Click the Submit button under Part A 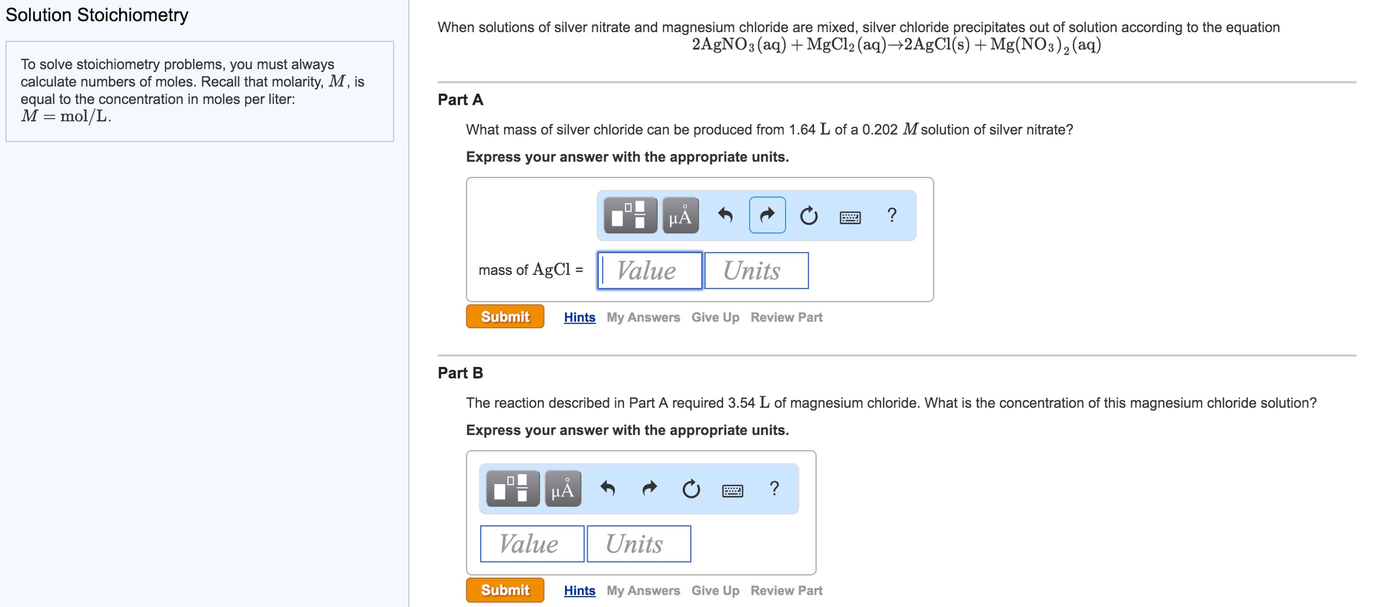pyautogui.click(x=505, y=317)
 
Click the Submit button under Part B pyautogui.click(x=505, y=590)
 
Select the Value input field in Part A pyautogui.click(x=650, y=271)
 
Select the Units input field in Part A pyautogui.click(x=756, y=271)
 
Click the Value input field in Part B pyautogui.click(x=532, y=544)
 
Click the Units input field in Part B pyautogui.click(x=639, y=544)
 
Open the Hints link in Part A pyautogui.click(x=579, y=317)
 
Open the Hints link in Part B pyautogui.click(x=579, y=590)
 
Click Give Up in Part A pyautogui.click(x=715, y=317)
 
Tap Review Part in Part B pyautogui.click(x=786, y=590)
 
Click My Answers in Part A pyautogui.click(x=643, y=317)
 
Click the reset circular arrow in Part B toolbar pyautogui.click(x=691, y=489)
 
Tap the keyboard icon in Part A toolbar pyautogui.click(x=850, y=216)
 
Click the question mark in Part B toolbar pyautogui.click(x=774, y=488)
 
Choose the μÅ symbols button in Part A pyautogui.click(x=680, y=216)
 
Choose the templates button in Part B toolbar pyautogui.click(x=512, y=488)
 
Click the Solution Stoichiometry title pyautogui.click(x=97, y=15)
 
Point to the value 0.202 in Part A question pyautogui.click(x=880, y=130)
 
